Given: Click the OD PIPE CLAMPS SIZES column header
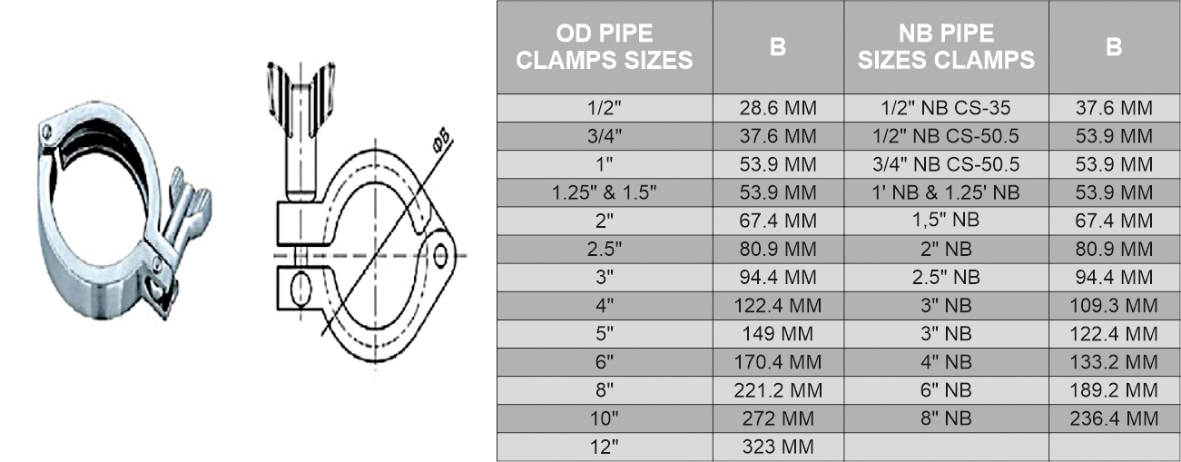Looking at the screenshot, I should click(605, 47).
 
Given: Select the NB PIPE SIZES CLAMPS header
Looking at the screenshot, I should click(946, 47).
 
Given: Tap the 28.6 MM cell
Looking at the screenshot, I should click(778, 108).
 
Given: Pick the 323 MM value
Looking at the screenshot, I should click(778, 447).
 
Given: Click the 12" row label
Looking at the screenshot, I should click(605, 447).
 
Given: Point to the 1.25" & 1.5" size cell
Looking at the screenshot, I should click(605, 192).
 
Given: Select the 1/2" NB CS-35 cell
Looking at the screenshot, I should click(946, 108).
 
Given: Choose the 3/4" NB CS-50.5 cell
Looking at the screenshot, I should click(946, 164).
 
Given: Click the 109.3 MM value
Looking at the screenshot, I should click(1115, 306).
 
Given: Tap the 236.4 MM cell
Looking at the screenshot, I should click(1115, 418).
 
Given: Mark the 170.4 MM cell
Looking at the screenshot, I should click(778, 362).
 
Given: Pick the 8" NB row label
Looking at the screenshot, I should click(946, 418).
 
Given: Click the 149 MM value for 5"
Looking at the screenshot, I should click(778, 334).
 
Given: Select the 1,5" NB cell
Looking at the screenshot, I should click(946, 221).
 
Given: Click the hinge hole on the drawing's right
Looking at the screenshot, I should click(442, 255).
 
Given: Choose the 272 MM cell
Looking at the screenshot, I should click(778, 418).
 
